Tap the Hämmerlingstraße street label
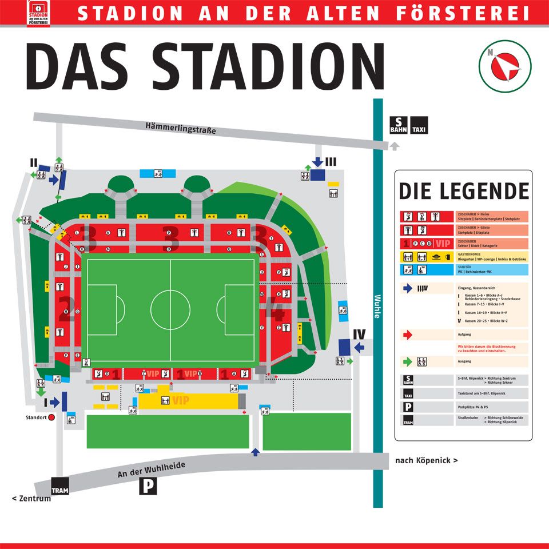(x=181, y=128)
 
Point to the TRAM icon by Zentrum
(x=59, y=486)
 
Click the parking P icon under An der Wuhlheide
(x=148, y=486)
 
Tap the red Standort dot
(x=51, y=417)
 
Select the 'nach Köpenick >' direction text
(x=426, y=460)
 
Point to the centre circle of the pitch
(x=170, y=309)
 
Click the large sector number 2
(x=66, y=310)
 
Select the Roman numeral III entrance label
(x=331, y=162)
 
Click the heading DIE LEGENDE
(x=463, y=191)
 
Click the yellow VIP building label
(x=181, y=400)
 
